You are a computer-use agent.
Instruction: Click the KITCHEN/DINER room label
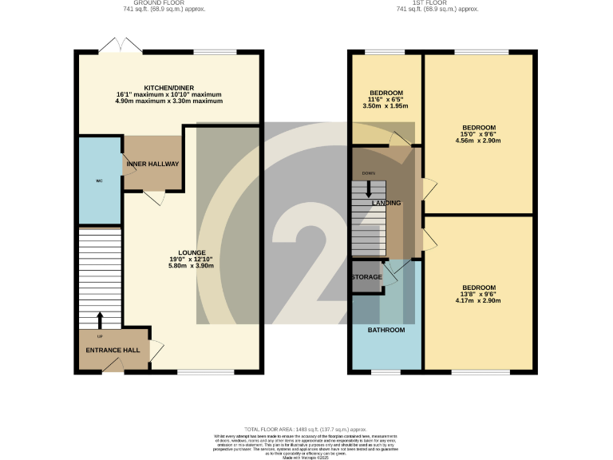(x=168, y=87)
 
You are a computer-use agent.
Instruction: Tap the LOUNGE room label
(x=192, y=252)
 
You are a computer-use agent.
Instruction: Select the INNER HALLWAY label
(x=152, y=164)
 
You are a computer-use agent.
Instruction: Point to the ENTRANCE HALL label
(x=113, y=350)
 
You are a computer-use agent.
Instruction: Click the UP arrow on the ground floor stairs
(x=100, y=319)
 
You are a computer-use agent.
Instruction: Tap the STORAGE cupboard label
(x=367, y=277)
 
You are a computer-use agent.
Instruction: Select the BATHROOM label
(x=386, y=330)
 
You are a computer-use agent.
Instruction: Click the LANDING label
(x=386, y=204)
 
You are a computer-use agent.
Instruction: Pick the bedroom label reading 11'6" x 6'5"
(x=386, y=99)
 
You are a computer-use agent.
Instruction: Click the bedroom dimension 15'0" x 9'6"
(x=479, y=134)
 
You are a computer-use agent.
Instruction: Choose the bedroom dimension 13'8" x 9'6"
(x=479, y=294)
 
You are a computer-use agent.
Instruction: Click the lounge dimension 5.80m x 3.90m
(x=192, y=266)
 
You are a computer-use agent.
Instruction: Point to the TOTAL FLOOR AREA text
(x=306, y=429)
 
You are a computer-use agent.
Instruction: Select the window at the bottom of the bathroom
(x=386, y=371)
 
